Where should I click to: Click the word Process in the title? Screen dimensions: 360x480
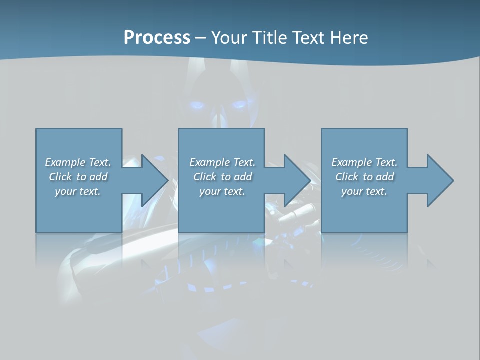point(157,38)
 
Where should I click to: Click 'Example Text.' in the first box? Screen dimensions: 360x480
point(78,162)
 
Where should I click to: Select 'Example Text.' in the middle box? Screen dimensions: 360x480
point(222,162)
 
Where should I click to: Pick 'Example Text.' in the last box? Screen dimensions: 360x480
point(364,162)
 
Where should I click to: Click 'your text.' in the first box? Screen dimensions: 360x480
point(78,191)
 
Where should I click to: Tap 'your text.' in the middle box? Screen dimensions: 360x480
point(222,191)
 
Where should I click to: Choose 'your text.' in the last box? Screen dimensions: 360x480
point(364,191)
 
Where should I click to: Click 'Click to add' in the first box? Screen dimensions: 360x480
point(78,177)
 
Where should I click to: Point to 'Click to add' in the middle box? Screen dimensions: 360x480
point(222,177)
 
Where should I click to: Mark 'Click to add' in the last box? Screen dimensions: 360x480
point(364,177)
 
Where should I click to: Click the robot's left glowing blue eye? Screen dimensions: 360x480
point(197,105)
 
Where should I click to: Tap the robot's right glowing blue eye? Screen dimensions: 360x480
point(238,105)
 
